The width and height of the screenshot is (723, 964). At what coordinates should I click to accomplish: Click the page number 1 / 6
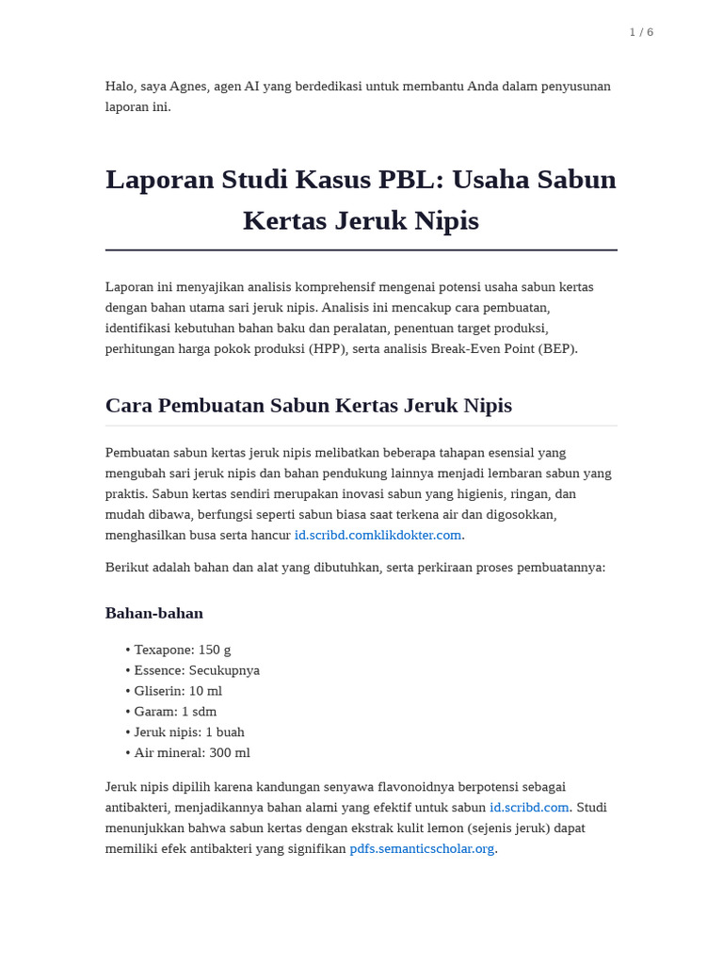(641, 32)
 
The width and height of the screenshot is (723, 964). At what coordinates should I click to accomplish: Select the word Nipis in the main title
(447, 220)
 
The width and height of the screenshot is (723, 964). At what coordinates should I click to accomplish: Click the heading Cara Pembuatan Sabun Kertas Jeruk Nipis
(309, 405)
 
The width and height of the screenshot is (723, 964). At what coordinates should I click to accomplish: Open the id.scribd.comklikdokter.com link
(378, 535)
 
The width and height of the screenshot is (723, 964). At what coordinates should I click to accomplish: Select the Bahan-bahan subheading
(153, 613)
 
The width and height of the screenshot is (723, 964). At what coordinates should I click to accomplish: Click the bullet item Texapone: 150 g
(182, 650)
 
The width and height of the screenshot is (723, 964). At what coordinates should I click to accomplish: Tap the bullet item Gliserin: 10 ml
(178, 691)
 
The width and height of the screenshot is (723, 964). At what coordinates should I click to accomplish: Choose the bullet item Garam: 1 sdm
(175, 712)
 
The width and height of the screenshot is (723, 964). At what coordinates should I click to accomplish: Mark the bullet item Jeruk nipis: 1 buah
(189, 732)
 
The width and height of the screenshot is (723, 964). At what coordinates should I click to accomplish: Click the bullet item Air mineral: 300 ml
(192, 753)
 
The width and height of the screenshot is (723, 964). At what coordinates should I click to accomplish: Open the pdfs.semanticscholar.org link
(422, 848)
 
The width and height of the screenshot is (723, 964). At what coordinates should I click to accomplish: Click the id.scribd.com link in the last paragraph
(529, 807)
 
